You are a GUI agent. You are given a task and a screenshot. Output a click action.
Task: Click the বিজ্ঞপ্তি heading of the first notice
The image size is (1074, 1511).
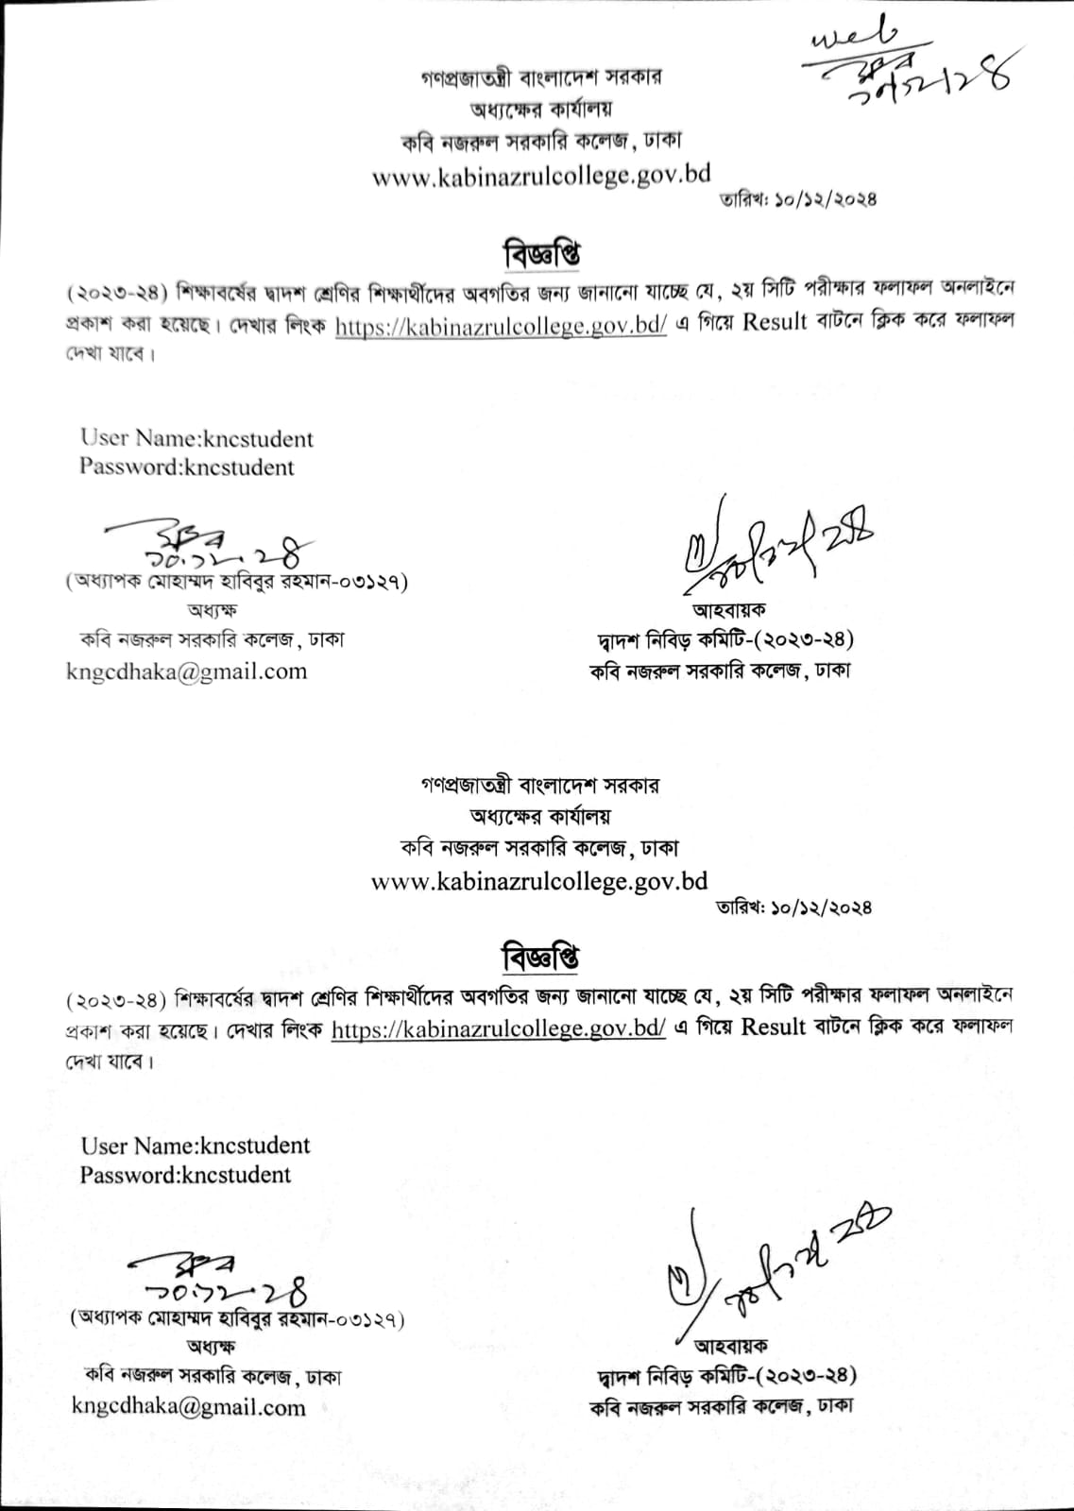coord(541,253)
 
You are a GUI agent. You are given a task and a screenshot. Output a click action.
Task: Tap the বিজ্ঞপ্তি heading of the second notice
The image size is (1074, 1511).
coord(540,957)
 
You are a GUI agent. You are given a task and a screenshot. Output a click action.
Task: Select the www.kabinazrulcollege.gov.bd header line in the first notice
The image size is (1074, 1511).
coord(541,176)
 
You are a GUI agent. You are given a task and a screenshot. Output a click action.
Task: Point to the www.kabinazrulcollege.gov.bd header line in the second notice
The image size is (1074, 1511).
coord(539,881)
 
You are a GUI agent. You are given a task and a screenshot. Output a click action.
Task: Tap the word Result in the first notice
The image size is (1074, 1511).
coord(775,322)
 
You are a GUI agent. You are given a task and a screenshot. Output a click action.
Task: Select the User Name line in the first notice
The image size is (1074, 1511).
coord(196,438)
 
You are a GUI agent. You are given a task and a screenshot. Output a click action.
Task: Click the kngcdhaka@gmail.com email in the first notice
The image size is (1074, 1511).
coord(187,671)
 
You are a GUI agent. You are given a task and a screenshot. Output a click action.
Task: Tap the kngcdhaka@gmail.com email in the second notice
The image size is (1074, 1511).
coord(189,1406)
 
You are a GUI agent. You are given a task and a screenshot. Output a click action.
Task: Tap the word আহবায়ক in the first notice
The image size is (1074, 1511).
coord(728,611)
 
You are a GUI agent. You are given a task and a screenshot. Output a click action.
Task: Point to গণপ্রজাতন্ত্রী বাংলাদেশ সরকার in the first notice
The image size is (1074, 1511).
coord(541,76)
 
